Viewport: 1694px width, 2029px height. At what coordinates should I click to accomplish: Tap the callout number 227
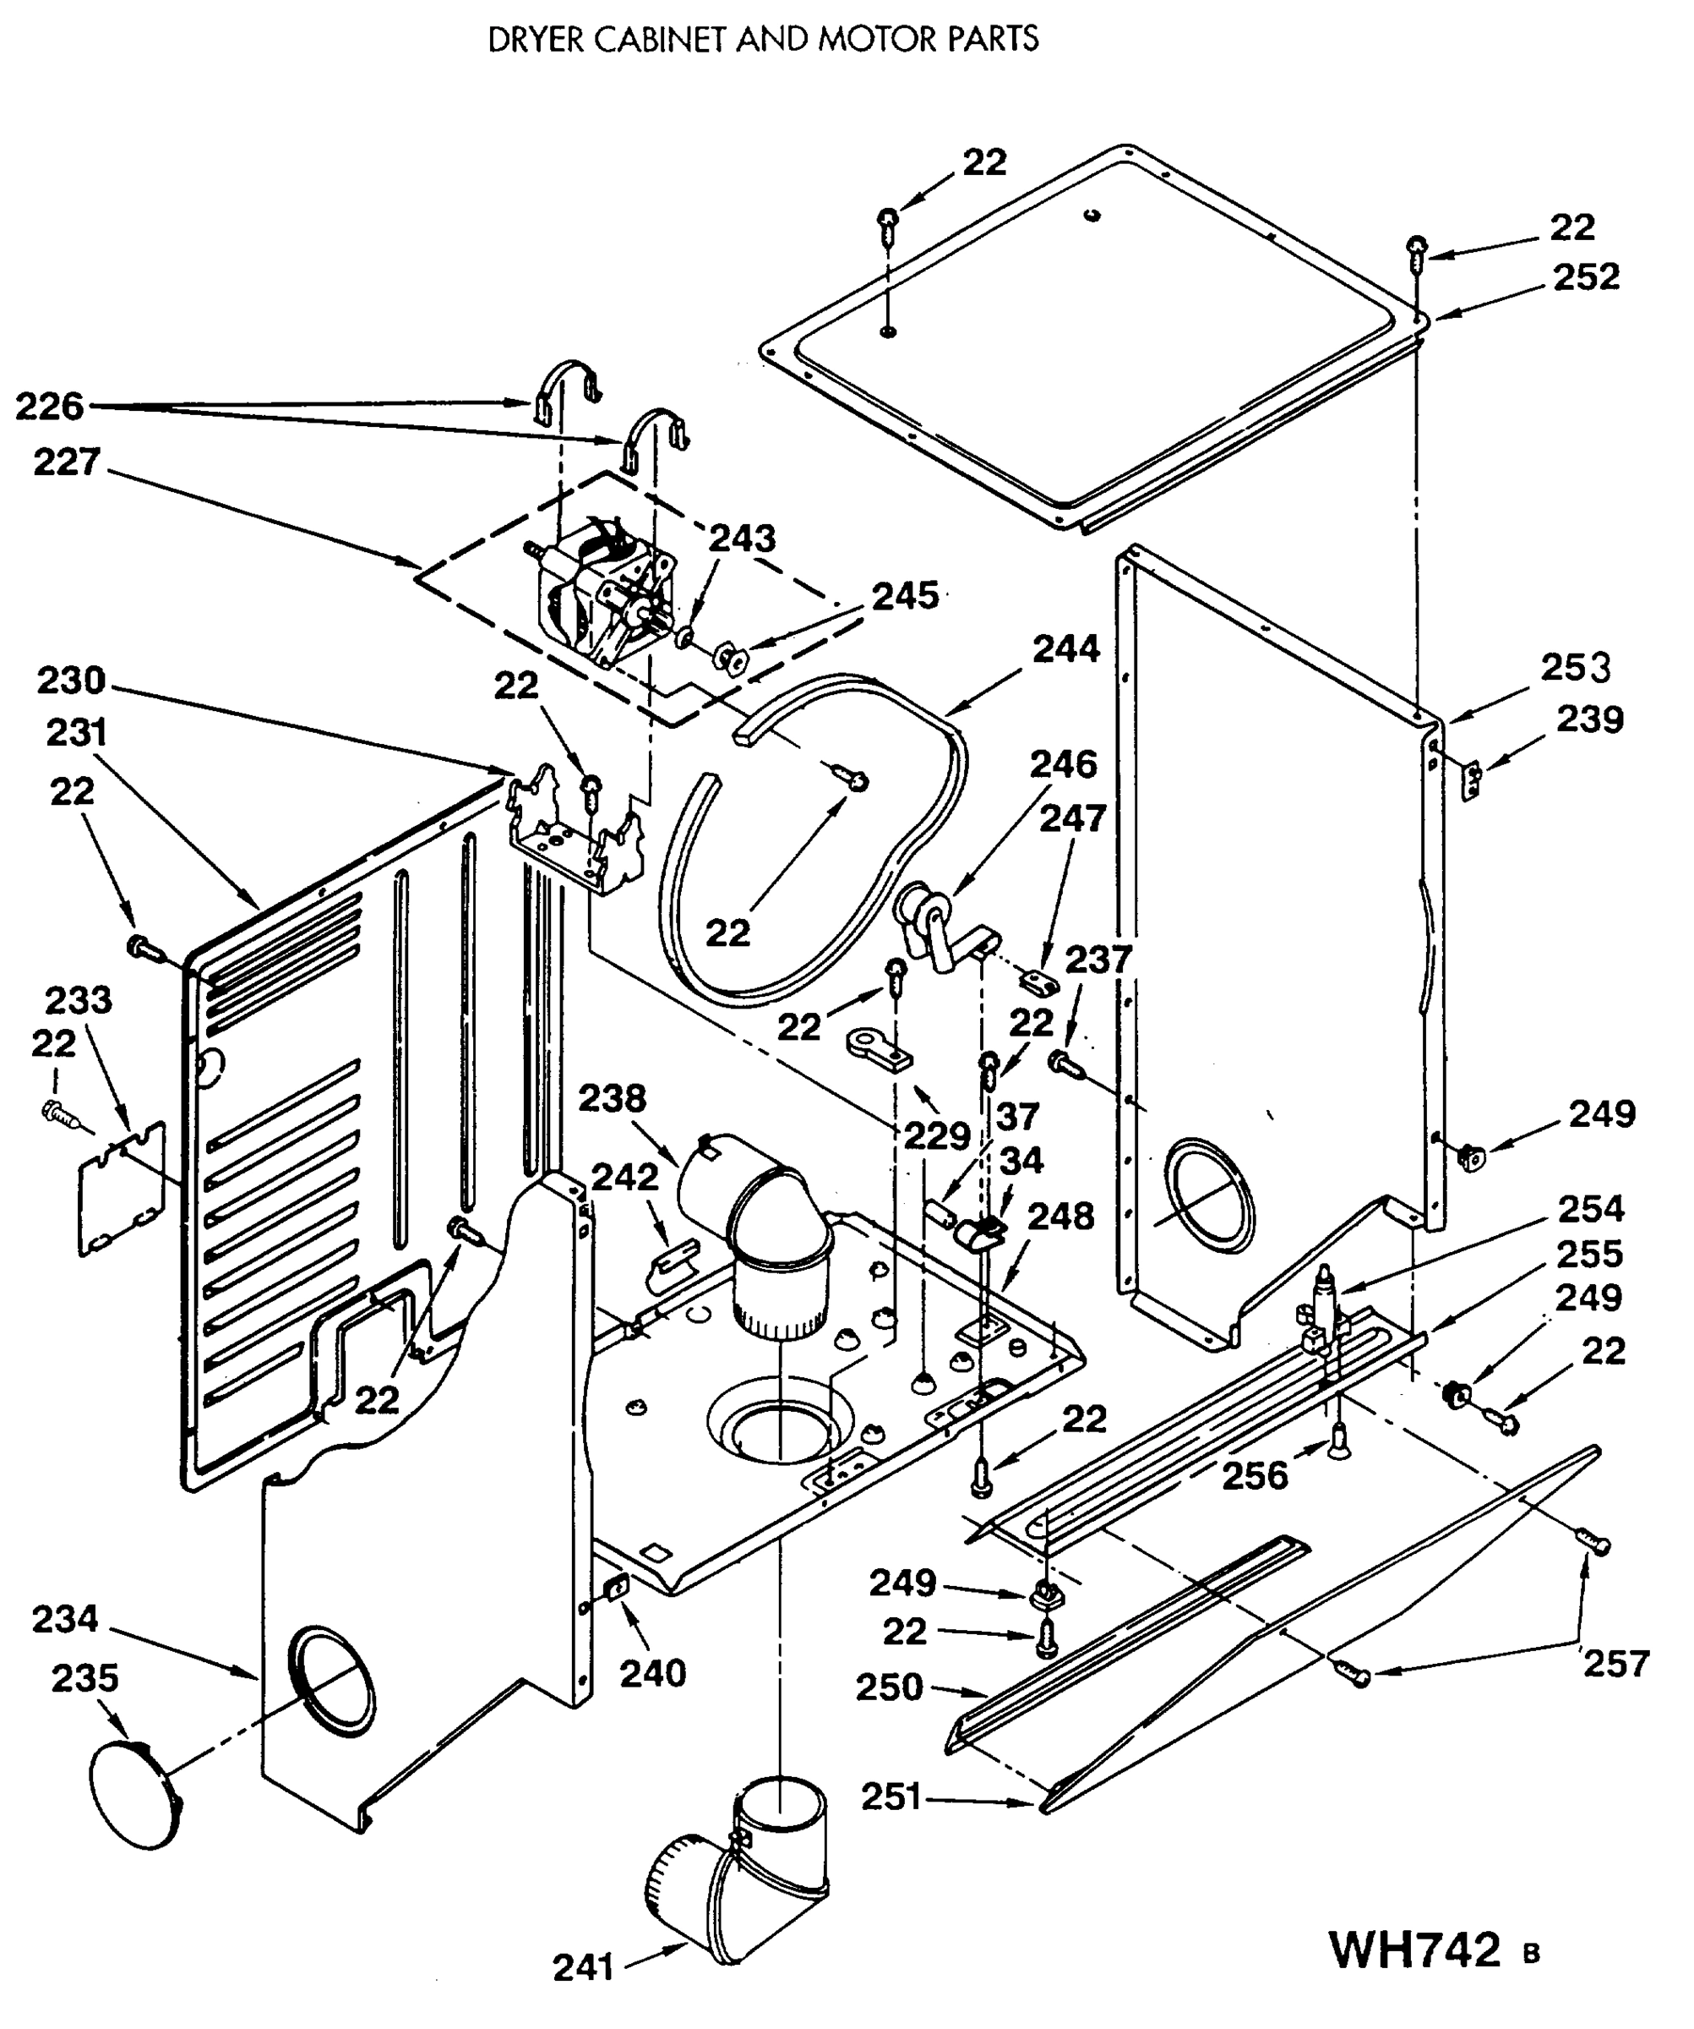(67, 462)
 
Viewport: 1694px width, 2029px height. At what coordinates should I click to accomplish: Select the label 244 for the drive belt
(1066, 648)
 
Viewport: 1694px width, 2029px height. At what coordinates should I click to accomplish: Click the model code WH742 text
(1416, 1950)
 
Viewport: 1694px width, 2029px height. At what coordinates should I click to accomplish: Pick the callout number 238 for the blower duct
(612, 1098)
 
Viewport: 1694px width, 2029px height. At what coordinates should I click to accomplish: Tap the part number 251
(891, 1797)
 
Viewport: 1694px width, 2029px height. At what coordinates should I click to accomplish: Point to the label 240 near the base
(652, 1673)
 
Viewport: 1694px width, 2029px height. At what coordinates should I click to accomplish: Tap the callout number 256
(1255, 1476)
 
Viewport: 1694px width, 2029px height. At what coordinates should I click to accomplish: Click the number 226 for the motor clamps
(49, 406)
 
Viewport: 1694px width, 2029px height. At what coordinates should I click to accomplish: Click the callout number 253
(1575, 668)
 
